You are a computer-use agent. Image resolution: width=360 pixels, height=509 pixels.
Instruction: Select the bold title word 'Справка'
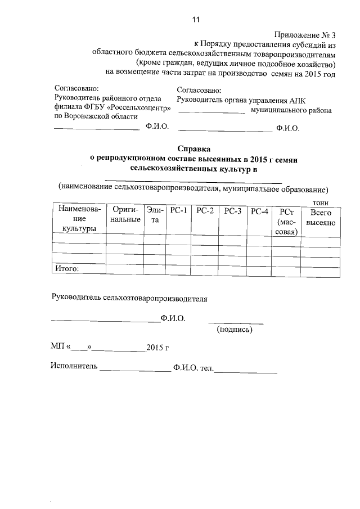pos(195,150)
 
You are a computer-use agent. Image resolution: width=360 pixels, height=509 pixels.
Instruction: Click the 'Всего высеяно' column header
pos(321,218)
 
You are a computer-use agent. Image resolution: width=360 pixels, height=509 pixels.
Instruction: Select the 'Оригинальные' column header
pos(125,215)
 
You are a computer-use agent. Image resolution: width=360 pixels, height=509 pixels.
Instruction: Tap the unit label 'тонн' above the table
pos(321,202)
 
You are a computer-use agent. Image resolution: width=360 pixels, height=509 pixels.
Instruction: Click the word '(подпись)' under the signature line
pos(235,330)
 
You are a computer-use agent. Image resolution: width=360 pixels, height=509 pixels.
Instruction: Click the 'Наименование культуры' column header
pos(79,219)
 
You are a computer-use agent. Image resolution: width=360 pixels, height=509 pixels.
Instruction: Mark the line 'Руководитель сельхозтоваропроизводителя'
pos(129,299)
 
